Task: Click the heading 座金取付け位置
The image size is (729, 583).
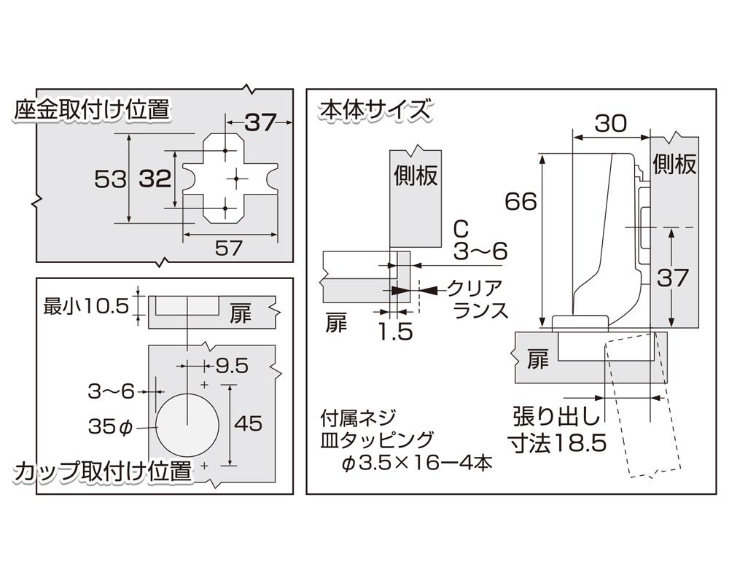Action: tap(91, 111)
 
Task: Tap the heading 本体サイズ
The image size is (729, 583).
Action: tap(374, 111)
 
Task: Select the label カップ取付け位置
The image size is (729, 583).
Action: tap(103, 472)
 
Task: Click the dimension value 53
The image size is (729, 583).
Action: tap(111, 179)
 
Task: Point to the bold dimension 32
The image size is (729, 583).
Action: tap(154, 179)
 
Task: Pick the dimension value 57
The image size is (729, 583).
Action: tap(228, 249)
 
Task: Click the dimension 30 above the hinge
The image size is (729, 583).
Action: tap(610, 124)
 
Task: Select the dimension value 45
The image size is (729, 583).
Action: tap(248, 423)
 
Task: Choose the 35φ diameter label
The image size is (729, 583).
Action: tap(111, 425)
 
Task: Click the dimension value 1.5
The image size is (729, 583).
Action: tap(396, 332)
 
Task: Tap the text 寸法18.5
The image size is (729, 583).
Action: tap(558, 443)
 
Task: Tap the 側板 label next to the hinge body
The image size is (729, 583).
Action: tap(674, 163)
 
